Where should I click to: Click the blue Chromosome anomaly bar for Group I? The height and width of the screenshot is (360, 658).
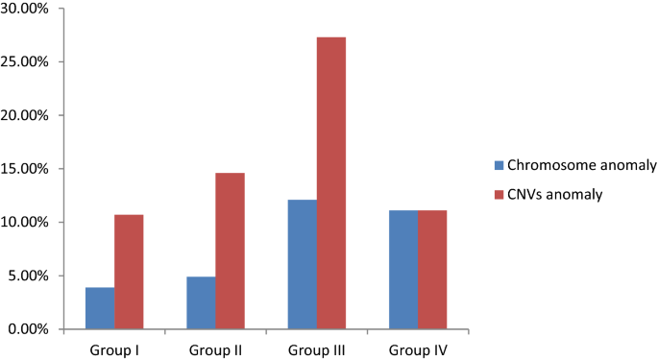pos(100,308)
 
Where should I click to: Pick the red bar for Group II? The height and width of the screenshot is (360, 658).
pos(230,251)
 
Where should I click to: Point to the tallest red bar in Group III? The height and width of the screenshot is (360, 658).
pos(330,182)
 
